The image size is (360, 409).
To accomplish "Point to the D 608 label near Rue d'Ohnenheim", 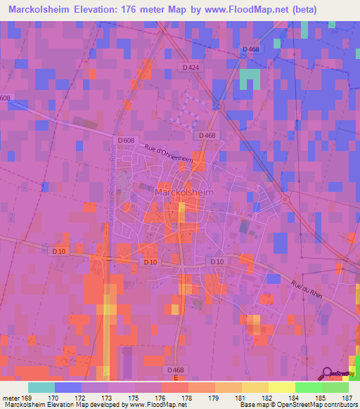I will pyautogui.click(x=127, y=141).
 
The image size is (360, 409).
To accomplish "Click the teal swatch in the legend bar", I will pyautogui.click(x=41, y=387).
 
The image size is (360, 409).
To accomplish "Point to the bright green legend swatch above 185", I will pyautogui.click(x=309, y=387).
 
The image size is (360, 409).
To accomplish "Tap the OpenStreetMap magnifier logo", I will pyautogui.click(x=328, y=374).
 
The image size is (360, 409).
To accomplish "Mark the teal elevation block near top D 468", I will pyautogui.click(x=250, y=79).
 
